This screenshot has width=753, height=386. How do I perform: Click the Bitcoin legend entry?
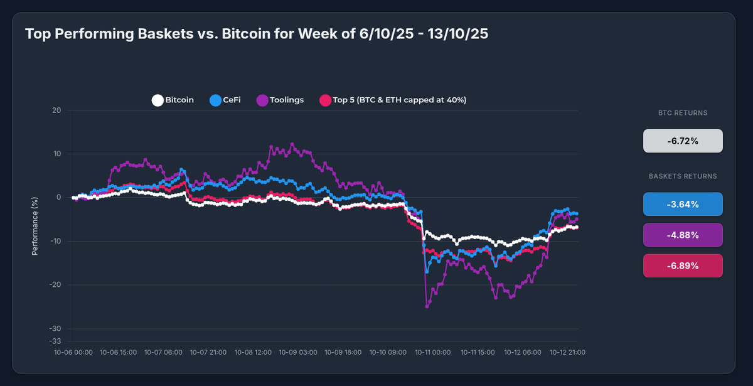pyautogui.click(x=173, y=100)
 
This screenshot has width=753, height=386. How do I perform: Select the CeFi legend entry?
pyautogui.click(x=225, y=100)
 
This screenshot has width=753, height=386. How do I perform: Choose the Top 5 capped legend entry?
pyautogui.click(x=393, y=100)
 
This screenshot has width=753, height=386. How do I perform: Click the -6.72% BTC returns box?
pyautogui.click(x=683, y=141)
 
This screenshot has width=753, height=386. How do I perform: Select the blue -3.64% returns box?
pyautogui.click(x=683, y=204)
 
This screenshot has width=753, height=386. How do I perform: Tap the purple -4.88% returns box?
pyautogui.click(x=683, y=235)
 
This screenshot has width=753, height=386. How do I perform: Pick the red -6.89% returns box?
pyautogui.click(x=683, y=265)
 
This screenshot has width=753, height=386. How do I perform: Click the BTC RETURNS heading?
pyautogui.click(x=683, y=114)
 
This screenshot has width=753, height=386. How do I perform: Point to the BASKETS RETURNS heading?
pyautogui.click(x=683, y=176)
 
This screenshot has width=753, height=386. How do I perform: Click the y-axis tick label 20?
pyautogui.click(x=56, y=111)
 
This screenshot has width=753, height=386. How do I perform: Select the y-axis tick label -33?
pyautogui.click(x=55, y=341)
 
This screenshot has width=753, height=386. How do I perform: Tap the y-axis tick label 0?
pyautogui.click(x=58, y=198)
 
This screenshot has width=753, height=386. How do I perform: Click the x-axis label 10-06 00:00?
pyautogui.click(x=74, y=353)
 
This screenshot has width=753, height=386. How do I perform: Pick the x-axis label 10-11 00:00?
pyautogui.click(x=433, y=353)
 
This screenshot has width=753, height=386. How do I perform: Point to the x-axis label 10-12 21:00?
pyautogui.click(x=567, y=353)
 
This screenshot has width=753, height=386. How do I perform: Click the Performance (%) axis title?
pyautogui.click(x=35, y=225)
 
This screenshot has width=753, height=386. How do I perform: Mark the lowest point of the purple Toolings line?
pyautogui.click(x=427, y=306)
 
